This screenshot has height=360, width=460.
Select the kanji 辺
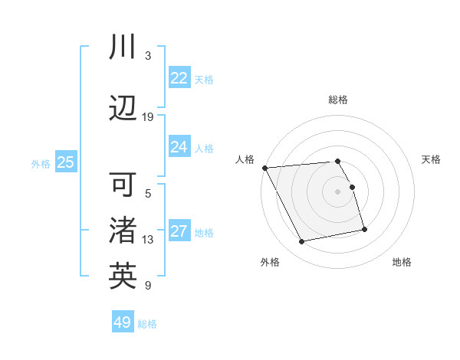coord(123,107)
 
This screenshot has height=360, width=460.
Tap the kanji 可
coord(123,185)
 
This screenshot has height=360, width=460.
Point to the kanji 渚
coord(123,230)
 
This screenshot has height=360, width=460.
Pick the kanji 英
coord(123,276)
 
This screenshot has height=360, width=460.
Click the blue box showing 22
coord(179,78)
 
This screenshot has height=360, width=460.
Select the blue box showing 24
coord(179,147)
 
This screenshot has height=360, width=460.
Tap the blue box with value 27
coord(179,232)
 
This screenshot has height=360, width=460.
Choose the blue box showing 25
coord(65,162)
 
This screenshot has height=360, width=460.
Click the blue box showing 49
coord(123,322)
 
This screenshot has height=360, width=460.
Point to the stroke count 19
coord(148,116)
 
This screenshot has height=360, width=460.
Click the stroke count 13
coord(148,240)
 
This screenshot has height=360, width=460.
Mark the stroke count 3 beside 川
coord(148,55)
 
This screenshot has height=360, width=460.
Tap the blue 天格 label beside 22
coord(204,79)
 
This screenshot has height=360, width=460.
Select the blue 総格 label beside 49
coord(147,324)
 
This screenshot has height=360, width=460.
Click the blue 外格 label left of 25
coord(41,163)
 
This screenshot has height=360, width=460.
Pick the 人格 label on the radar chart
coord(245,159)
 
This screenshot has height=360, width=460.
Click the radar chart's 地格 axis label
coord(402,262)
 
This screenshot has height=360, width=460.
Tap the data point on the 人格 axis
coord(264,168)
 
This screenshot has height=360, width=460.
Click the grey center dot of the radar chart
coord(337,191)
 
